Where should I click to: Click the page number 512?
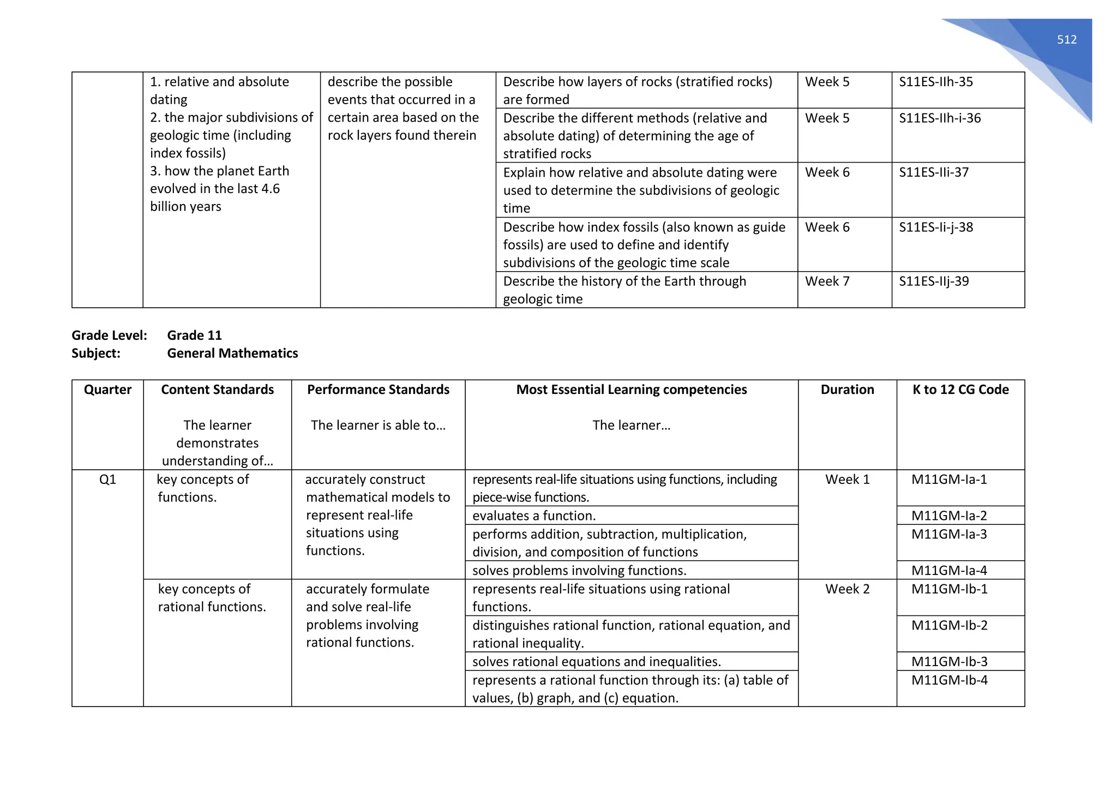[x=1066, y=40]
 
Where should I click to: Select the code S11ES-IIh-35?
[x=935, y=82]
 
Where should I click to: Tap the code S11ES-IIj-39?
[x=934, y=282]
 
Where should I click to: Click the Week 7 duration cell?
[x=827, y=282]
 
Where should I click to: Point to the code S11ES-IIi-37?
[x=934, y=172]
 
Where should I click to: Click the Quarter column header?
[x=107, y=390]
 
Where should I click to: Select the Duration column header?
[x=847, y=390]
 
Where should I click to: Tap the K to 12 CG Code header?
[x=960, y=390]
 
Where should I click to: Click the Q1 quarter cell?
[x=107, y=480]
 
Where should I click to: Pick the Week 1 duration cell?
[x=847, y=480]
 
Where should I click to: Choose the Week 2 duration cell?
[x=847, y=589]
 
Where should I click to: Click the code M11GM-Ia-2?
[x=949, y=516]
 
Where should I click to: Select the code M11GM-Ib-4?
[x=949, y=680]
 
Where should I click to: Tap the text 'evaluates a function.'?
[x=533, y=516]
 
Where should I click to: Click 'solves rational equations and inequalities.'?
[x=596, y=662]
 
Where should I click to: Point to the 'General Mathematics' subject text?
[x=232, y=354]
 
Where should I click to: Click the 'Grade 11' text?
[x=194, y=336]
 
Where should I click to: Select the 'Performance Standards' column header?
[x=378, y=390]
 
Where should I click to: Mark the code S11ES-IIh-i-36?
[x=940, y=118]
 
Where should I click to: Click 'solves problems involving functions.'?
[x=579, y=571]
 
